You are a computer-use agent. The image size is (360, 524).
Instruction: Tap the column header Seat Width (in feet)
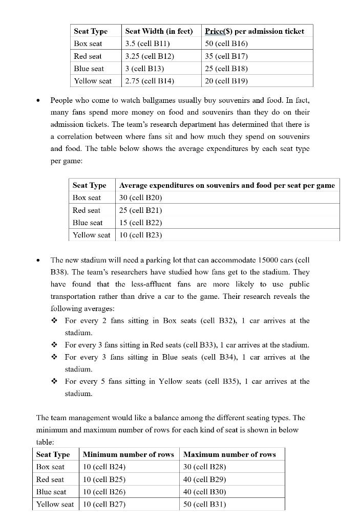click(x=159, y=31)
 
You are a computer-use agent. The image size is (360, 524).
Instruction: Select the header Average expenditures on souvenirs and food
click(x=227, y=185)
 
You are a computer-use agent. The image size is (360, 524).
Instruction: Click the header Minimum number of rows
click(x=128, y=454)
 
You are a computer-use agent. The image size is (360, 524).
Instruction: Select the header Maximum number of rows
click(x=229, y=454)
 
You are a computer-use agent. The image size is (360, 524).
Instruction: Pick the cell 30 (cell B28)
click(x=204, y=467)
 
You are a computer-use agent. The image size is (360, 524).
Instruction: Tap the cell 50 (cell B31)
click(x=204, y=504)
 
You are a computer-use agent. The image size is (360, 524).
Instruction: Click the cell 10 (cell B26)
click(x=104, y=492)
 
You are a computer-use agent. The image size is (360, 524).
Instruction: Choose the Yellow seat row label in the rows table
click(x=55, y=504)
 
